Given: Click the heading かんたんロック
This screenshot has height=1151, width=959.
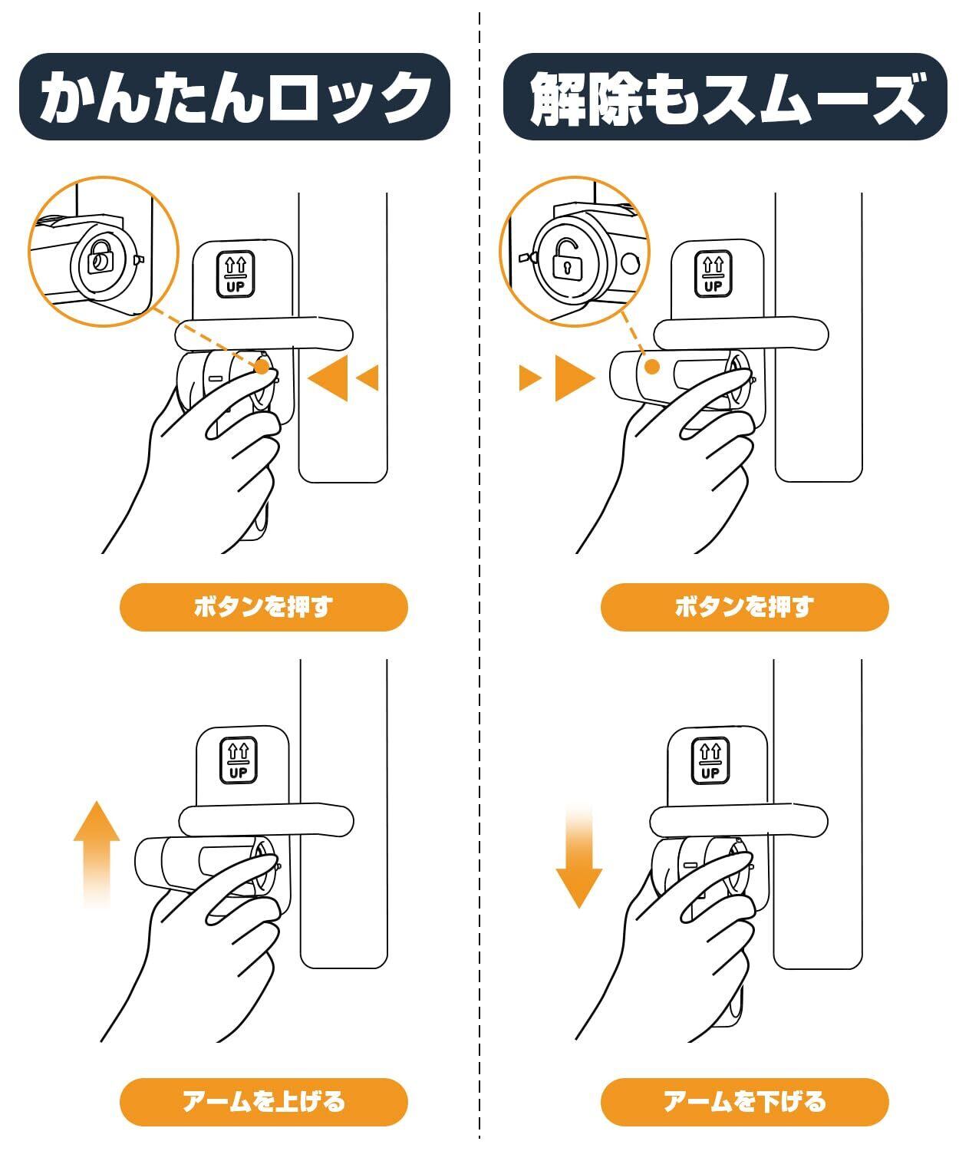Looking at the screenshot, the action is point(235,97).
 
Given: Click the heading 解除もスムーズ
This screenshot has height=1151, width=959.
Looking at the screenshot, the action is point(727,98).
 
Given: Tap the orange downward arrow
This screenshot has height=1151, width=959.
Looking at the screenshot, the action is point(578,856).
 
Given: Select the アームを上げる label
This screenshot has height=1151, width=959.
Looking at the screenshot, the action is point(263,1101).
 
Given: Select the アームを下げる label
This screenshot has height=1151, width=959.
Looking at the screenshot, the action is point(745,1101).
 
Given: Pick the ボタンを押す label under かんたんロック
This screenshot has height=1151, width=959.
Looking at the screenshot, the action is point(263,607).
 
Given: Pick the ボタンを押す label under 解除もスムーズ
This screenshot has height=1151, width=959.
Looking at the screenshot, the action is point(745,607).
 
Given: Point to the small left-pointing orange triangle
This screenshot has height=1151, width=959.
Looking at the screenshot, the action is point(367,378).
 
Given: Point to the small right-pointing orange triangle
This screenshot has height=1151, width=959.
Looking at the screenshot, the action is point(530,378).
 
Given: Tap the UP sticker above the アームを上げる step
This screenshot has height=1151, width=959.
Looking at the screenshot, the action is point(239,760).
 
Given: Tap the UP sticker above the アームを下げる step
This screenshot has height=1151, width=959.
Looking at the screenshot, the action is point(710,760).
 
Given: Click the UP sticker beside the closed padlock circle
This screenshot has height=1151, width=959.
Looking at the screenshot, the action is point(236,274).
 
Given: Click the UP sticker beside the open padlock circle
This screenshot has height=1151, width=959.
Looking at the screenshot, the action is point(713,274).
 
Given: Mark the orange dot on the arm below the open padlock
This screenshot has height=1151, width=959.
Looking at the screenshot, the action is point(653,367).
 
